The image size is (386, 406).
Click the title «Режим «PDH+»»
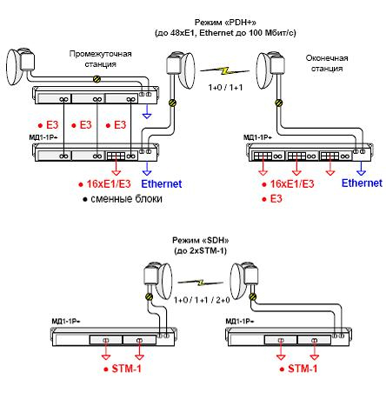click(225, 23)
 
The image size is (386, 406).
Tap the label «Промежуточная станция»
click(100, 59)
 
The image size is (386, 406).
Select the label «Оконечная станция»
click(327, 63)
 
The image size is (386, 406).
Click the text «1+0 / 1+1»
click(225, 87)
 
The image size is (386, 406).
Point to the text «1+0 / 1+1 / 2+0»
click(202, 300)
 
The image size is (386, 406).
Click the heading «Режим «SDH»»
click(201, 240)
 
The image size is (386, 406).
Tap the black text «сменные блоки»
click(126, 199)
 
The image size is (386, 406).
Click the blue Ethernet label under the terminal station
click(362, 183)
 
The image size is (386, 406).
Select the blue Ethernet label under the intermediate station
click(162, 183)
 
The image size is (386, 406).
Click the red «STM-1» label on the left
click(127, 369)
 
